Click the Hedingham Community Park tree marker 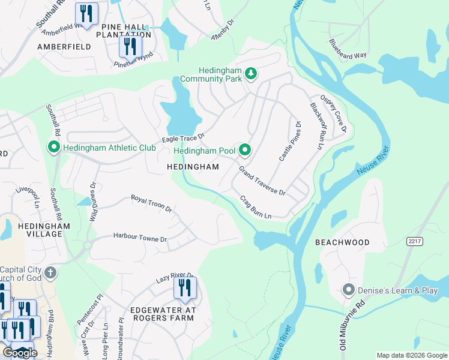251,74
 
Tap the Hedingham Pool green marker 244,150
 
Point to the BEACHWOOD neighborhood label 342,242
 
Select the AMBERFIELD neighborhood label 64,46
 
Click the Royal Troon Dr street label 152,204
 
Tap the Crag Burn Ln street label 256,207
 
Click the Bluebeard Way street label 348,49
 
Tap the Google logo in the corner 20,353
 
